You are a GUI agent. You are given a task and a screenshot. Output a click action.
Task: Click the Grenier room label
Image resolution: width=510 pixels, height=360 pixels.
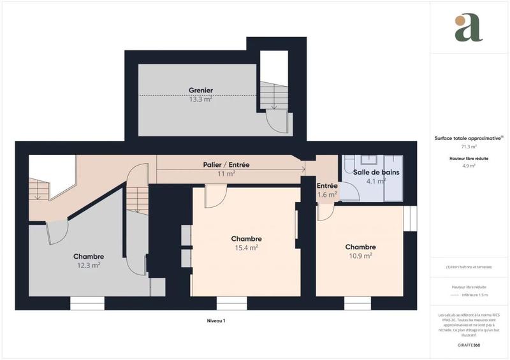coord(200,90)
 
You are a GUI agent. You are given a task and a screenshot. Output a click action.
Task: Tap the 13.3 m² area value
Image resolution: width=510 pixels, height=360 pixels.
coord(200,99)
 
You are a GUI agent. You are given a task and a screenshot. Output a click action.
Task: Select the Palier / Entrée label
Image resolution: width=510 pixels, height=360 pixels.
coord(226,164)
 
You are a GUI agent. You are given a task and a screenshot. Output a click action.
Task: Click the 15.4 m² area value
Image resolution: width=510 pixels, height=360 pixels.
coord(246,248)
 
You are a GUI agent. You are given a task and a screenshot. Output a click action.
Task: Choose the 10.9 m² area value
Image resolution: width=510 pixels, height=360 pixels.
coord(360,256)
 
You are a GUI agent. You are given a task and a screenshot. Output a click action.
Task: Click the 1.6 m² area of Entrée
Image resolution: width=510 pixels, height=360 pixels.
coord(327,195)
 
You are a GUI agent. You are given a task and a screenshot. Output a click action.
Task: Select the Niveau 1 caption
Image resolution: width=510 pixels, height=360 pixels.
coord(216,320)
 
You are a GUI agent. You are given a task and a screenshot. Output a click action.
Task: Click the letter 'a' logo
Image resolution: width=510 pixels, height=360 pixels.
coord(469,27)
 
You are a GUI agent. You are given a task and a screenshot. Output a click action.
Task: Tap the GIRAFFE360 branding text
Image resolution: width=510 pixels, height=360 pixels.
coord(469,345)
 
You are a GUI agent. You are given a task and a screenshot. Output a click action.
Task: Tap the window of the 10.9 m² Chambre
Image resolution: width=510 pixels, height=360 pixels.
coord(360,303)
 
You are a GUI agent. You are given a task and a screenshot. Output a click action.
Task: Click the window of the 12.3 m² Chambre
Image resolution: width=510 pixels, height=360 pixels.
coord(87,303)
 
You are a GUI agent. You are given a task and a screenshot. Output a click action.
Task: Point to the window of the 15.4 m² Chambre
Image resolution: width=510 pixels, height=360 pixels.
coord(231,303)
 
